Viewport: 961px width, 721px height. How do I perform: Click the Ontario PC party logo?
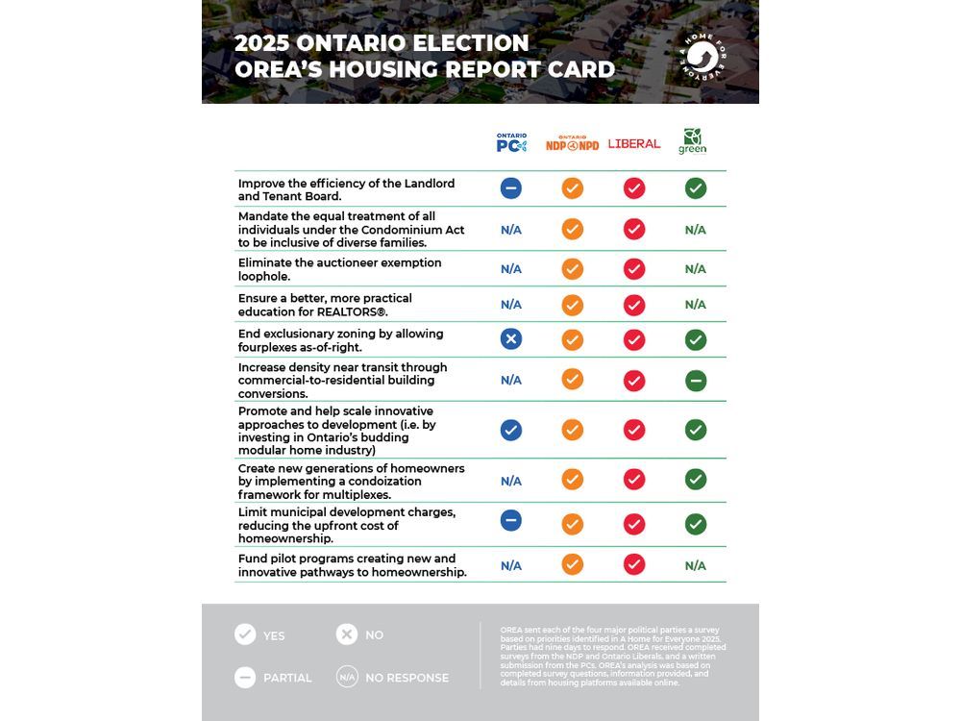[511, 143]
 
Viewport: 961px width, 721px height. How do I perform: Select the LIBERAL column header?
[634, 143]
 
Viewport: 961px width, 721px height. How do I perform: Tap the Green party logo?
[693, 141]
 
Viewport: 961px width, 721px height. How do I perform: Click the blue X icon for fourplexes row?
[511, 338]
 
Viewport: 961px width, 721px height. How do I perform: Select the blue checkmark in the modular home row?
[511, 430]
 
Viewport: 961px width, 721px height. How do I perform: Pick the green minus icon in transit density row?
[696, 381]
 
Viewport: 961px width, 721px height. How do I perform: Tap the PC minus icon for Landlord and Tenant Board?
[511, 188]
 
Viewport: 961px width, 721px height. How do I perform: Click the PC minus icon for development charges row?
[511, 520]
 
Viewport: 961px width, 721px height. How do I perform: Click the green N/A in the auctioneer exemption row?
[696, 269]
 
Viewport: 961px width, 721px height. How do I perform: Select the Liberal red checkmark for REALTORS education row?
[634, 305]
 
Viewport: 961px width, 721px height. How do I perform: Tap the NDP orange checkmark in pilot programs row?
[573, 564]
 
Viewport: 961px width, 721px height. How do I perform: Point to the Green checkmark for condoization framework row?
[696, 479]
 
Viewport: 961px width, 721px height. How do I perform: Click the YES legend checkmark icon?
[245, 634]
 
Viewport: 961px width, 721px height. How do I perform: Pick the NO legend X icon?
[347, 634]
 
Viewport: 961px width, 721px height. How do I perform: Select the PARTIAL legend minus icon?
[245, 677]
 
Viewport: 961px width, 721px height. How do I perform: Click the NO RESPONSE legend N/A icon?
[347, 677]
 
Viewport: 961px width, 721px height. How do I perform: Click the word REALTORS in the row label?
[351, 312]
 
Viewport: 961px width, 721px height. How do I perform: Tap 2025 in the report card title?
[261, 43]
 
